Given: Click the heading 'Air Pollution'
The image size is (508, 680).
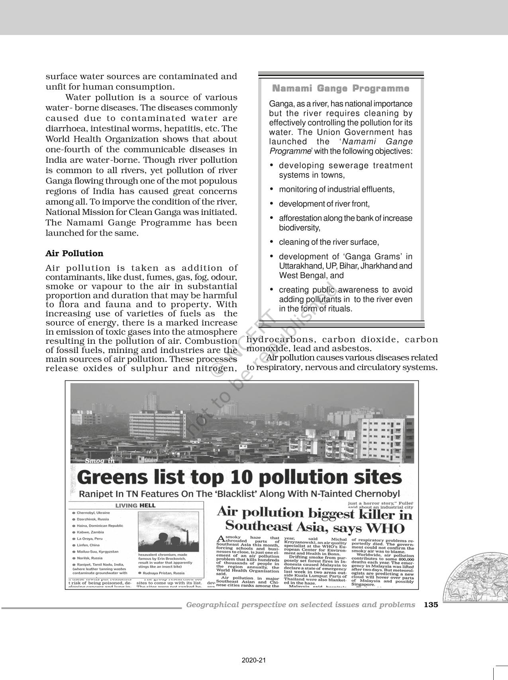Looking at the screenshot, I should tap(75, 253).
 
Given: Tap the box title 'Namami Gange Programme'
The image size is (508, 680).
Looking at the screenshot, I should tap(340, 88).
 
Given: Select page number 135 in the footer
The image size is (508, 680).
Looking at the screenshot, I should tap(431, 604).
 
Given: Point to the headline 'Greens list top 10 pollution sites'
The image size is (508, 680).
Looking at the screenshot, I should tap(239, 477).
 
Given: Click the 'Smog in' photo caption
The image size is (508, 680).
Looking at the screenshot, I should tap(100, 461).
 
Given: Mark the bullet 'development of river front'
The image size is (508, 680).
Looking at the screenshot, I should tap(324, 204).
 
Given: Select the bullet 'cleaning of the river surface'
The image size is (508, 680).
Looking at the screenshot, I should tap(329, 242).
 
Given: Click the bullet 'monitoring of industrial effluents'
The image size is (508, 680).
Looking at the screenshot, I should tap(337, 189).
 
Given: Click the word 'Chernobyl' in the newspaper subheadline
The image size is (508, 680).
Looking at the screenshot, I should tap(378, 494).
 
